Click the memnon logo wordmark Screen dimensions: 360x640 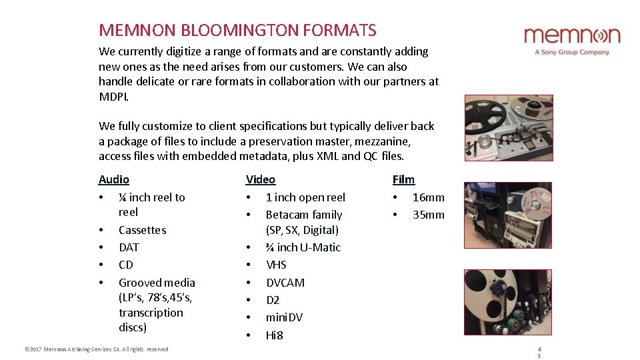pyautogui.click(x=571, y=35)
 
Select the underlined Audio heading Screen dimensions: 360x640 pyautogui.click(x=114, y=179)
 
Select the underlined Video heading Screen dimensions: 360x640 pyautogui.click(x=261, y=179)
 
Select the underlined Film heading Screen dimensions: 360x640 pyautogui.click(x=403, y=179)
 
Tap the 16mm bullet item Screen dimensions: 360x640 pyautogui.click(x=428, y=197)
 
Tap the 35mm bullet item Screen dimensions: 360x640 pyautogui.click(x=428, y=215)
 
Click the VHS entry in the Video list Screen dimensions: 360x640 pyautogui.click(x=276, y=265)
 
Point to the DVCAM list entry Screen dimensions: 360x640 pyautogui.click(x=285, y=283)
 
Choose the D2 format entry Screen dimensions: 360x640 pyautogui.click(x=273, y=300)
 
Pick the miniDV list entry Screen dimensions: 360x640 pyautogui.click(x=284, y=317)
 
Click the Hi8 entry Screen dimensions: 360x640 pyautogui.click(x=275, y=335)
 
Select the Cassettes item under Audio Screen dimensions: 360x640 pyautogui.click(x=142, y=230)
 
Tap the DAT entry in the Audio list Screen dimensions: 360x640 pyautogui.click(x=129, y=247)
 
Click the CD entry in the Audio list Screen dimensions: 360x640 pyautogui.click(x=126, y=265)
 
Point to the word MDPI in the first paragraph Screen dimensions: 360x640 pyautogui.click(x=113, y=96)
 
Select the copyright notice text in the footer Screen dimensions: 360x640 pyautogui.click(x=96, y=349)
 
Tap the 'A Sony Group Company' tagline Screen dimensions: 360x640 pyautogui.click(x=572, y=52)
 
